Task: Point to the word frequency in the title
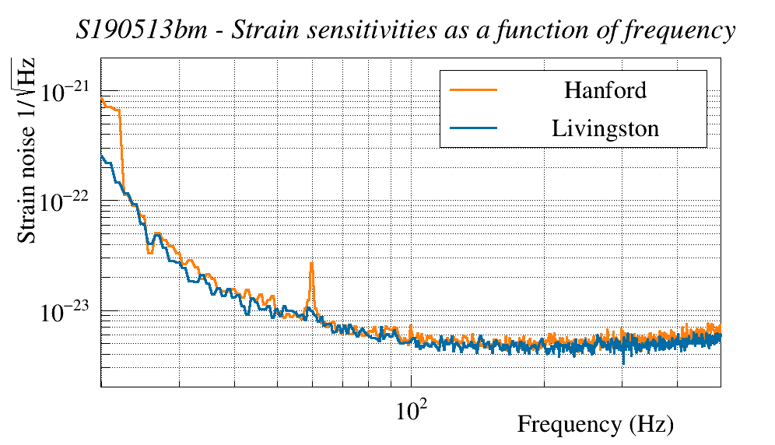pos(685,33)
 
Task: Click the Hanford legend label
pos(605,90)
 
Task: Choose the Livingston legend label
pos(605,128)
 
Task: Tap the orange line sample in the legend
pos(473,89)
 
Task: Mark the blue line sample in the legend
pos(473,128)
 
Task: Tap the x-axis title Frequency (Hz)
pos(595,425)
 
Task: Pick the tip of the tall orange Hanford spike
pos(311,263)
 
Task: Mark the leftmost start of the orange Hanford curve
pos(102,98)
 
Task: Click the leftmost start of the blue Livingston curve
pos(102,156)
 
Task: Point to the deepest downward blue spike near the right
pos(623,363)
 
